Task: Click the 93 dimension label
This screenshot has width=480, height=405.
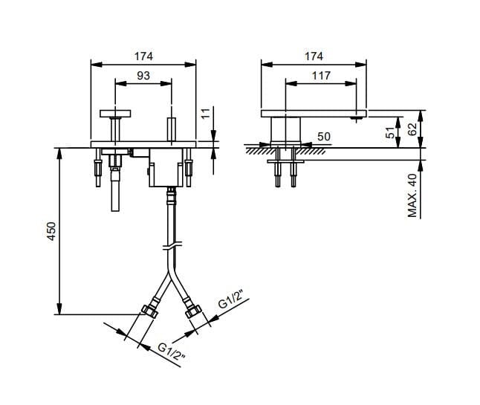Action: tap(143, 75)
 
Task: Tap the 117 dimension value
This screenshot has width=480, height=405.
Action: tap(321, 76)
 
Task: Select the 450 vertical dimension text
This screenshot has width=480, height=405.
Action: tap(51, 231)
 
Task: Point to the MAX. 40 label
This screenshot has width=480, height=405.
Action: tap(412, 195)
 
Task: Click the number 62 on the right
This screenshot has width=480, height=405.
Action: tap(412, 129)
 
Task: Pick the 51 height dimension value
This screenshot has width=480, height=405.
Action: tap(390, 133)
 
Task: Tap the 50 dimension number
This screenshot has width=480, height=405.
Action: tap(324, 137)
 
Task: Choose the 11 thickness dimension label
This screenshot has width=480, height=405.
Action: tap(207, 113)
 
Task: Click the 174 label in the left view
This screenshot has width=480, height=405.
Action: tap(143, 56)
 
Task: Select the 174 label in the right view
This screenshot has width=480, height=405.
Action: tap(314, 56)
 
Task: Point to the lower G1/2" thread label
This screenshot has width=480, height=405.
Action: tap(172, 351)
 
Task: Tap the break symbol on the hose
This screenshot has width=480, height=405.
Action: tap(172, 245)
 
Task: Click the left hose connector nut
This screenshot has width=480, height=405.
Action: tap(149, 311)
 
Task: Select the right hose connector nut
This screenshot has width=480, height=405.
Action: tap(193, 311)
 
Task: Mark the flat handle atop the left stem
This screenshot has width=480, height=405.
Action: tap(115, 114)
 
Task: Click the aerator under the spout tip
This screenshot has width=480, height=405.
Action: tap(356, 119)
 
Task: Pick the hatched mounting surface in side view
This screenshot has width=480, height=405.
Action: tap(285, 151)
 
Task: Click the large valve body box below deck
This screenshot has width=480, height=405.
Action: tap(166, 167)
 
